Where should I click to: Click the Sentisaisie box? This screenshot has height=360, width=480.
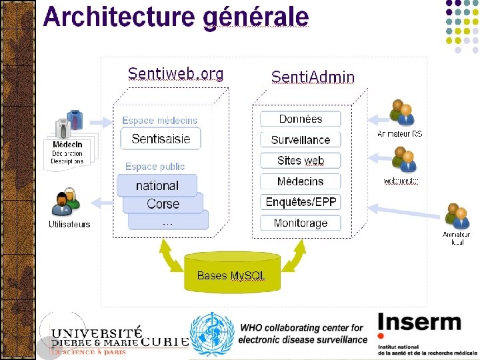[161, 139]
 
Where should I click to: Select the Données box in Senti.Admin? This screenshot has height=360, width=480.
[300, 119]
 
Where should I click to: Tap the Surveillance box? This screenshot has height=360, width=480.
[300, 139]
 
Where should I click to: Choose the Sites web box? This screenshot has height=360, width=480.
[300, 160]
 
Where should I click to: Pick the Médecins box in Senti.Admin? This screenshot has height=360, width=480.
[300, 181]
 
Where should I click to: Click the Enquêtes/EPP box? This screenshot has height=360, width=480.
[300, 201]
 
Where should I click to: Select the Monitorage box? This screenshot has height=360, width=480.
[300, 223]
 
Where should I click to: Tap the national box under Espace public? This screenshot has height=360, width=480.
[157, 185]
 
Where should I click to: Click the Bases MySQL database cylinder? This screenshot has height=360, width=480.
[231, 272]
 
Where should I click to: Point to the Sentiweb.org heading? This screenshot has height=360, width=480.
[175, 73]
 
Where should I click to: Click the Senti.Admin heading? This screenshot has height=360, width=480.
[313, 77]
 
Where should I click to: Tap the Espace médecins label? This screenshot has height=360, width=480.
[160, 121]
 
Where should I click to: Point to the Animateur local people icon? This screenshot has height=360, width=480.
[457, 217]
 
